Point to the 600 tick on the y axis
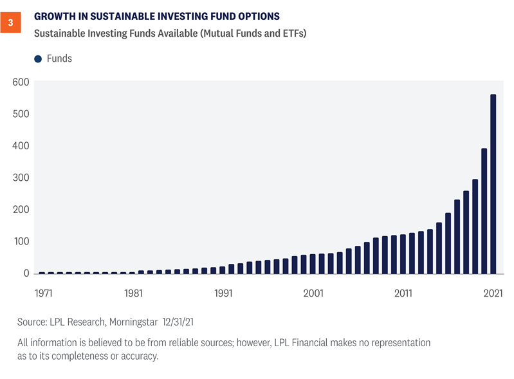point(21,82)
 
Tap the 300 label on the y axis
point(21,178)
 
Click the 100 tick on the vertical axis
point(21,241)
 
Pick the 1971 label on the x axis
point(43,293)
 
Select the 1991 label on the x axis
point(223,293)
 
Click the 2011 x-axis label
point(403,293)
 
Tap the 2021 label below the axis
point(493,293)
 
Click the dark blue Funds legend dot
point(37,59)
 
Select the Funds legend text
point(60,59)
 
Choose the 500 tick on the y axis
point(21,114)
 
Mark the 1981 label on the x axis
point(133,293)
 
